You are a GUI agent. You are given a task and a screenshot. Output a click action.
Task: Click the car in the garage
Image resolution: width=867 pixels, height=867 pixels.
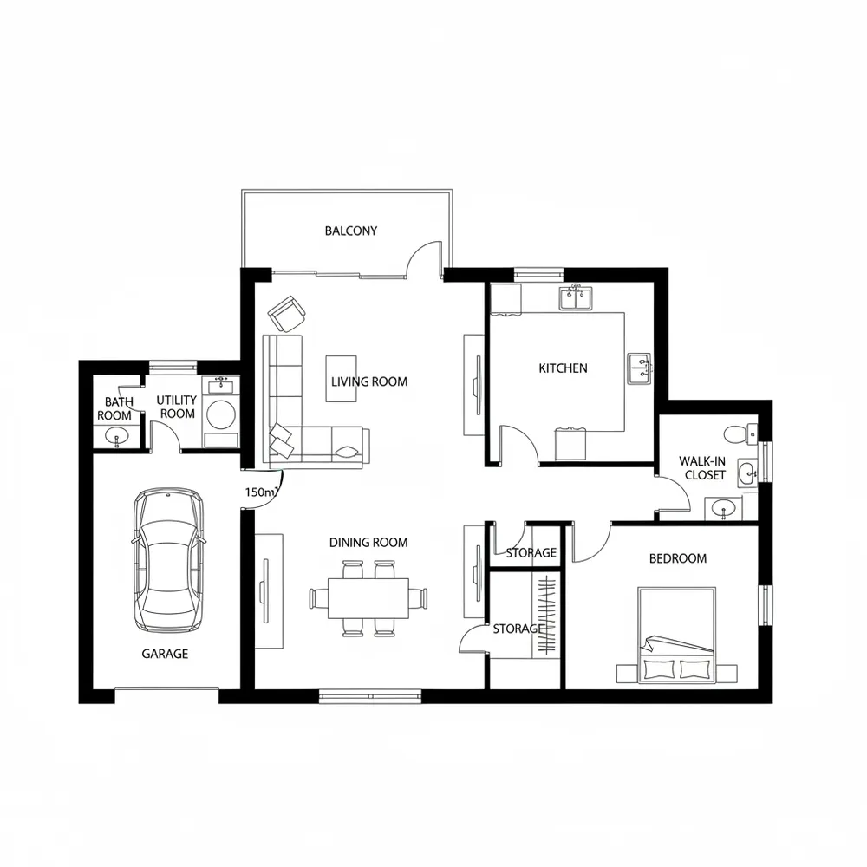pos(168,560)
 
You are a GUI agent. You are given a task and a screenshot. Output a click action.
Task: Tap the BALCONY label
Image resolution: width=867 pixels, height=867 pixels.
pos(351,231)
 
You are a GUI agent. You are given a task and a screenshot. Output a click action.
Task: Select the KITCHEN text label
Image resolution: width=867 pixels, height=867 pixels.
pos(563,368)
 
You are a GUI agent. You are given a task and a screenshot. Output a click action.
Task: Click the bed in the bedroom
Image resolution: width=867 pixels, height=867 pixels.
pos(677,636)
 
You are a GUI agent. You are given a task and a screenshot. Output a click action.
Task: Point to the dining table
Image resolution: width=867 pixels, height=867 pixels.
pos(368,598)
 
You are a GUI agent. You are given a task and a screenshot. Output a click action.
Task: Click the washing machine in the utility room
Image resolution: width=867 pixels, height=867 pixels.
pos(220,413)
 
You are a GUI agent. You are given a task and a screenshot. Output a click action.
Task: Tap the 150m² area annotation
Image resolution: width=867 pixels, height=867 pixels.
pos(260,492)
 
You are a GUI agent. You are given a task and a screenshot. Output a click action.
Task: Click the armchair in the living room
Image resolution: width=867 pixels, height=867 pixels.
pos(287,314)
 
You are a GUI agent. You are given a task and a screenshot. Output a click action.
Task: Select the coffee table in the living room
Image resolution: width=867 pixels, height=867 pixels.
pos(341,379)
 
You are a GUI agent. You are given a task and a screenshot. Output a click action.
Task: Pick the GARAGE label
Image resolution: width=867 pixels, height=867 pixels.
pos(165,654)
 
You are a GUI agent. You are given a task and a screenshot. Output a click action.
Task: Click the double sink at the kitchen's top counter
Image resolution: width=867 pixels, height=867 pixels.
pos(575,298)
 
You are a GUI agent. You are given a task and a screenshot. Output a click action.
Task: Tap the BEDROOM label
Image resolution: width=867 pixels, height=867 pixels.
pos(678,558)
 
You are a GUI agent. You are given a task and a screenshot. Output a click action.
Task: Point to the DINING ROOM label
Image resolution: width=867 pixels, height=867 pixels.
pos(368,543)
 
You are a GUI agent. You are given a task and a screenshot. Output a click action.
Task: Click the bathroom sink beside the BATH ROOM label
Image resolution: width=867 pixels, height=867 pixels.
pos(117,437)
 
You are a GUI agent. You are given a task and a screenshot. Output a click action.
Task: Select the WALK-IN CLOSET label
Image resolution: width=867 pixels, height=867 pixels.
pos(703,468)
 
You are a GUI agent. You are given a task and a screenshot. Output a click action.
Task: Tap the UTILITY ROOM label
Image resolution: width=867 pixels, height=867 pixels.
pos(177,407)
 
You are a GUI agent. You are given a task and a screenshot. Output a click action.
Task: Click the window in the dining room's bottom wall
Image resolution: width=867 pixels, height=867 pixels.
pos(370,696)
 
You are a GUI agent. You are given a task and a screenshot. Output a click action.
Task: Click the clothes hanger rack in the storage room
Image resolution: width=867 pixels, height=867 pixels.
pos(547,616)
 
